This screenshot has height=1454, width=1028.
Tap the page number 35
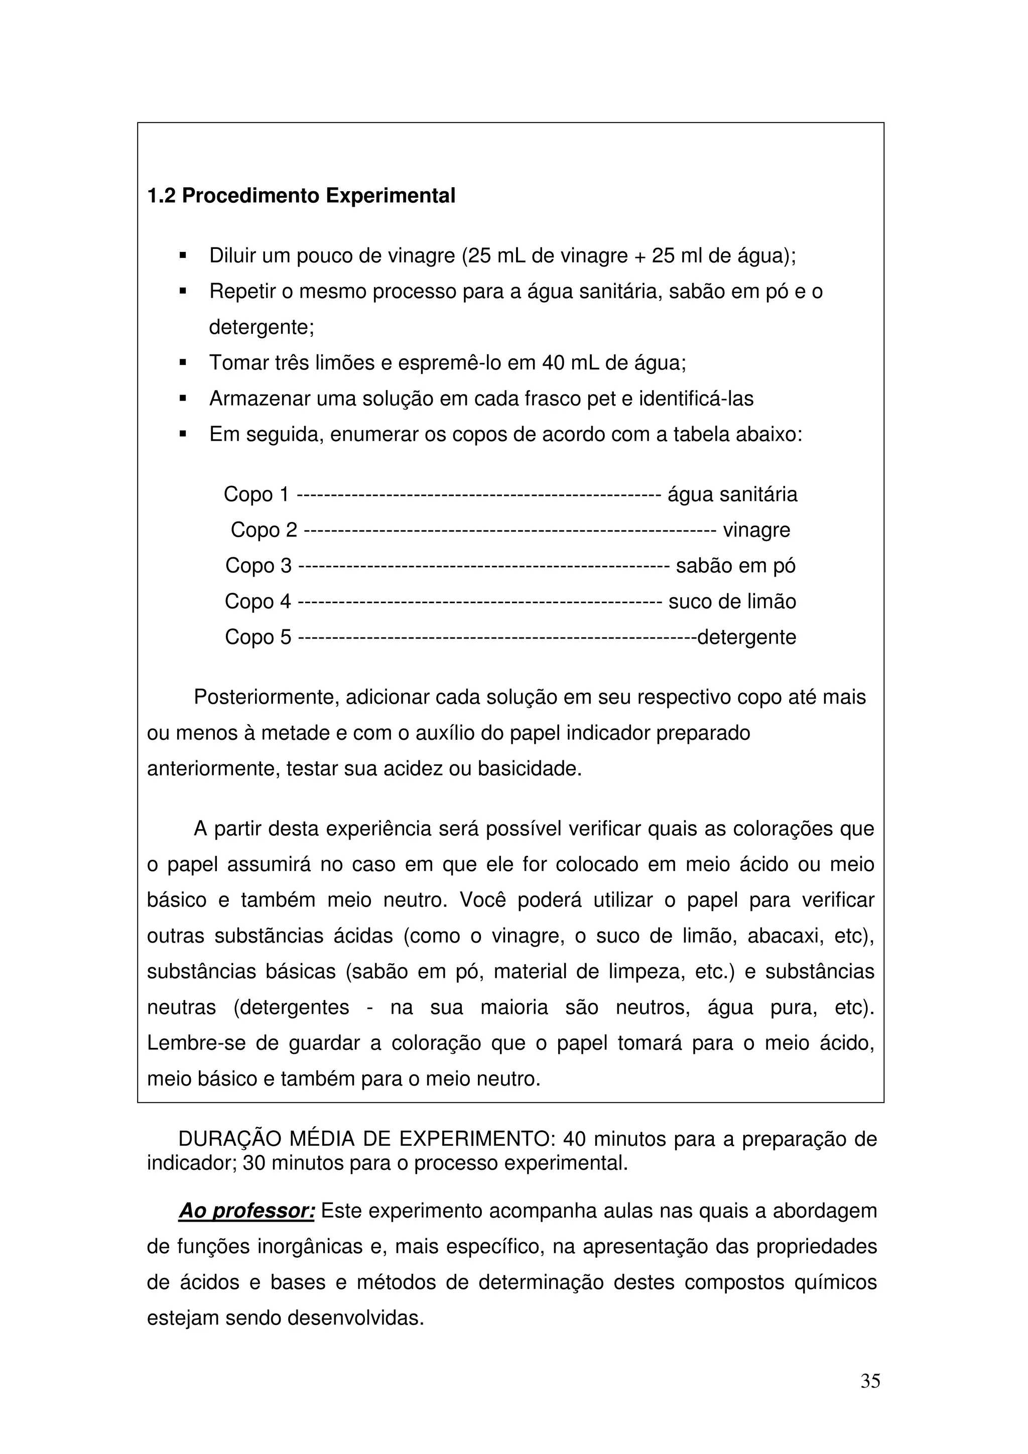click(x=870, y=1381)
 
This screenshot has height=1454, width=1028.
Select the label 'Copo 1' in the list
click(x=256, y=494)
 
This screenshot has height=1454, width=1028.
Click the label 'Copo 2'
click(x=264, y=530)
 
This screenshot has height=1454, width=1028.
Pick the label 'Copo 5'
click(x=259, y=636)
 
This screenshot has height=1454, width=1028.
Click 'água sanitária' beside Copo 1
click(x=732, y=494)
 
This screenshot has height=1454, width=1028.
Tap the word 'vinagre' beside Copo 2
click(x=756, y=530)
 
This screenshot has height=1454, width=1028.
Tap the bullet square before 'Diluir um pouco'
click(x=183, y=256)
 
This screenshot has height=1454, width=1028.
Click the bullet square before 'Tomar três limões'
click(x=183, y=363)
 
